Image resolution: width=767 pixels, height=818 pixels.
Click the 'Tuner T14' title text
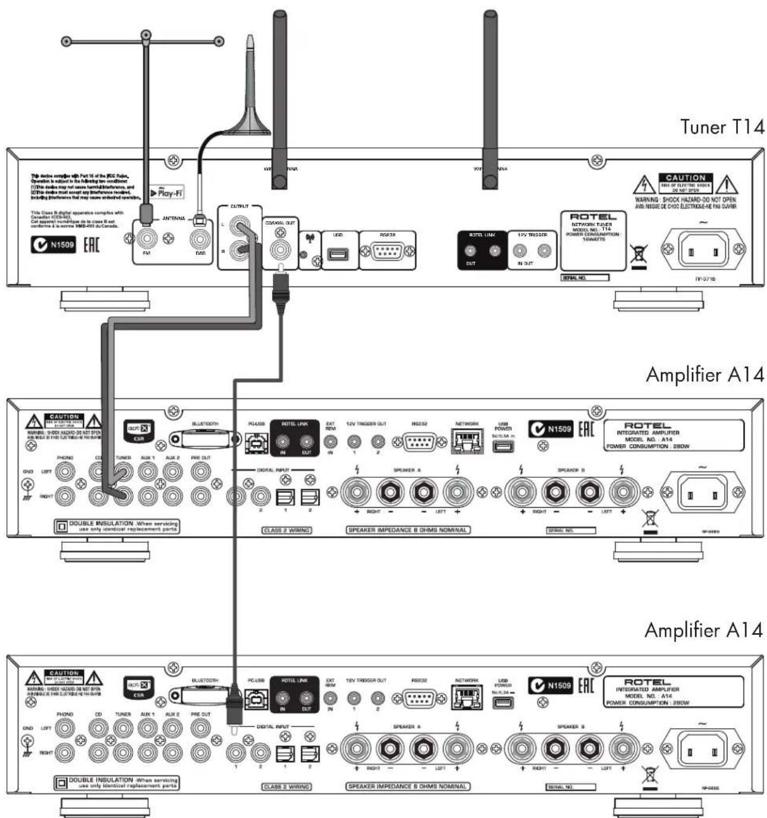[721, 127]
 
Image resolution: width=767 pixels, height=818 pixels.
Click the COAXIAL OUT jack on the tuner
[280, 248]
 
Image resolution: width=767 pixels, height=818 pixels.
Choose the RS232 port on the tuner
[387, 251]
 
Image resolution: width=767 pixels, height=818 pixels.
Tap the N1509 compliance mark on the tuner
[54, 244]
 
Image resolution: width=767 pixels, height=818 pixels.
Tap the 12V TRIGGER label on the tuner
[532, 235]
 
